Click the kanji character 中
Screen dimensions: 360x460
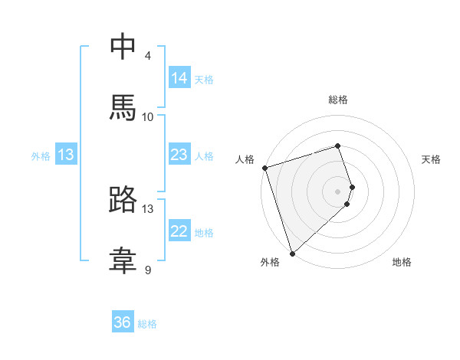(123, 47)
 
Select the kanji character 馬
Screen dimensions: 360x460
(123, 108)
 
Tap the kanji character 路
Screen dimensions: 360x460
(123, 200)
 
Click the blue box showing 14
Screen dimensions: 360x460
(179, 78)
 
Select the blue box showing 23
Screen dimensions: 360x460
(179, 155)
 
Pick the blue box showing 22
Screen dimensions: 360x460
(179, 231)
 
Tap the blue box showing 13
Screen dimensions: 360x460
(67, 155)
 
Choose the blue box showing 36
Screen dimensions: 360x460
(123, 322)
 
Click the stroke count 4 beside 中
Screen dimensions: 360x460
(148, 56)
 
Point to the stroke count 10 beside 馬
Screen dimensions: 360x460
(148, 116)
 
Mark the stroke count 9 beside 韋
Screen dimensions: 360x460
(148, 270)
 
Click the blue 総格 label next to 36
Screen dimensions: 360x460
(147, 324)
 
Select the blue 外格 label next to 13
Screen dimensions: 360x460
(41, 156)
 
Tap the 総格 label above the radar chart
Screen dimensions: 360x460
(338, 100)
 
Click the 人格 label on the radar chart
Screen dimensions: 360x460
(245, 159)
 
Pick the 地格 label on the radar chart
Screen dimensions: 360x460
(402, 262)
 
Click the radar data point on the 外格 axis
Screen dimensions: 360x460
(292, 253)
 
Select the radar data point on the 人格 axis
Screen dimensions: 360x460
(264, 168)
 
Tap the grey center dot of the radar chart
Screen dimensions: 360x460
(338, 191)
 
